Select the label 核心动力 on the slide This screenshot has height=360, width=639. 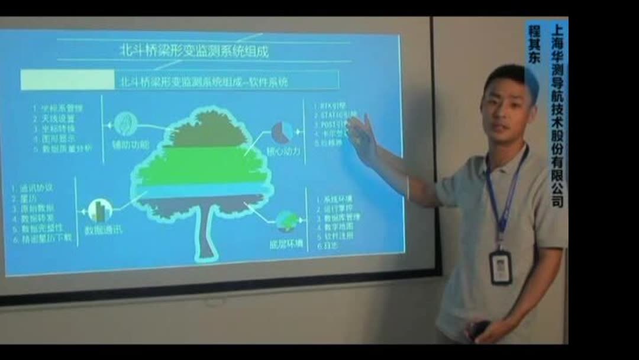click(283, 152)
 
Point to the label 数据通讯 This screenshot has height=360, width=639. click(104, 230)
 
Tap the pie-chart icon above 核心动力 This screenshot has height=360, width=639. click(283, 132)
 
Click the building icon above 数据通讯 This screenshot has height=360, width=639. click(100, 210)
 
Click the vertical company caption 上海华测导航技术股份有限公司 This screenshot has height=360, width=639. click(557, 115)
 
